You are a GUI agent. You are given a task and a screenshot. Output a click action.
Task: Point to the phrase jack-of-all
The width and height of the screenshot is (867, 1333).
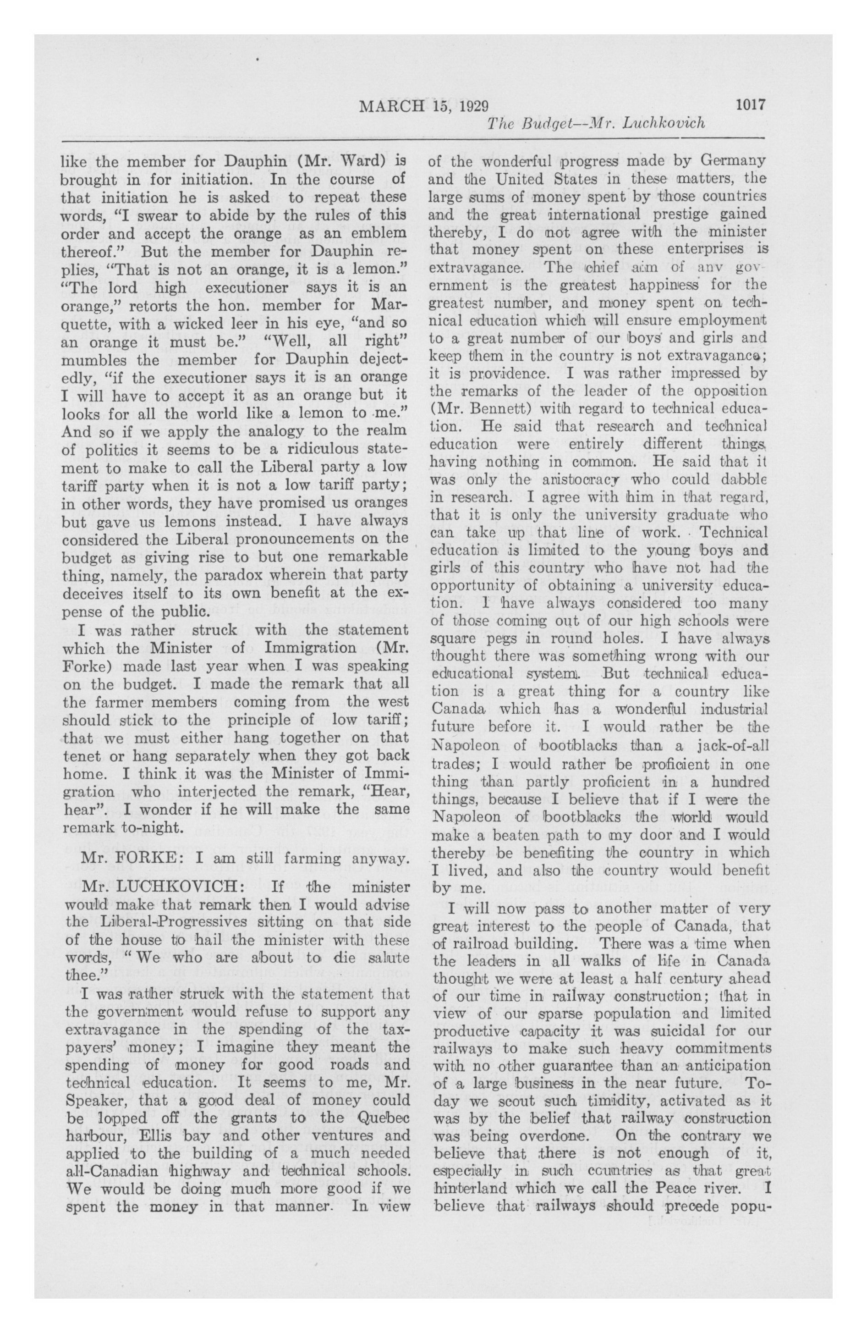[x=734, y=745]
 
